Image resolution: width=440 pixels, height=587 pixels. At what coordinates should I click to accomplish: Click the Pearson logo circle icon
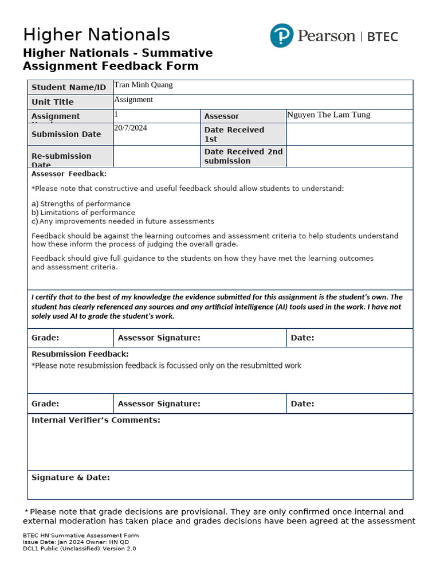coord(281,36)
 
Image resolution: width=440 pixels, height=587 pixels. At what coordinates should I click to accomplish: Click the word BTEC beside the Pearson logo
coord(382,37)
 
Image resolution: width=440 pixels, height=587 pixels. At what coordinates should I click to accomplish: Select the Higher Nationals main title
coord(96,34)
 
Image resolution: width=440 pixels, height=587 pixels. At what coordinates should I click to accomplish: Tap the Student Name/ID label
coord(69,88)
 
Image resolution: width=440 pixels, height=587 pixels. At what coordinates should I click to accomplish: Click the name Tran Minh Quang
coord(143,85)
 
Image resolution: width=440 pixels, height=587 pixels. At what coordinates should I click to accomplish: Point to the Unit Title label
coord(53,102)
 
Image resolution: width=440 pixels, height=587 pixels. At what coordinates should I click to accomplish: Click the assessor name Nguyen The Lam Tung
coord(329,115)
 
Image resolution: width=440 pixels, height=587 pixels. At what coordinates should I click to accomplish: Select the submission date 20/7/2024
coord(131,128)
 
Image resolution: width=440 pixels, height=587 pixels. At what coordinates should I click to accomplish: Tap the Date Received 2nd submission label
coord(243,156)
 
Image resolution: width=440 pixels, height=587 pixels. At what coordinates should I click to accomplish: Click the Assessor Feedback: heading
coord(69,174)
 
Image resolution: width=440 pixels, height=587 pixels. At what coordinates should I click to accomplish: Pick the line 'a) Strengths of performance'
coord(81,204)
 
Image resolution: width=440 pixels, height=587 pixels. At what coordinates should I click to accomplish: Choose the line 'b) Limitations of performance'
coord(83,213)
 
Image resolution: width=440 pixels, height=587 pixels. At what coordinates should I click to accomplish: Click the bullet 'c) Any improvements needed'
coord(123,221)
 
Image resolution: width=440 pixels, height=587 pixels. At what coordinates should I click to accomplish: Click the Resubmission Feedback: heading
coord(80,354)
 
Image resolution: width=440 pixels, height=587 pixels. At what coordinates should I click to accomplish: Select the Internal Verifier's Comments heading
coord(96,420)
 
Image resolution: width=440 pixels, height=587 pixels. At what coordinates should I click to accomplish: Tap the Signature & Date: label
coord(70,478)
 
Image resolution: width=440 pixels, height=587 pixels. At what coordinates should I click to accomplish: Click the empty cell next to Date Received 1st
coord(349,134)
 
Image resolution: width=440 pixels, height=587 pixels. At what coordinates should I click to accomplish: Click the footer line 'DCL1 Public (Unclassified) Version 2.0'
coord(79,549)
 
